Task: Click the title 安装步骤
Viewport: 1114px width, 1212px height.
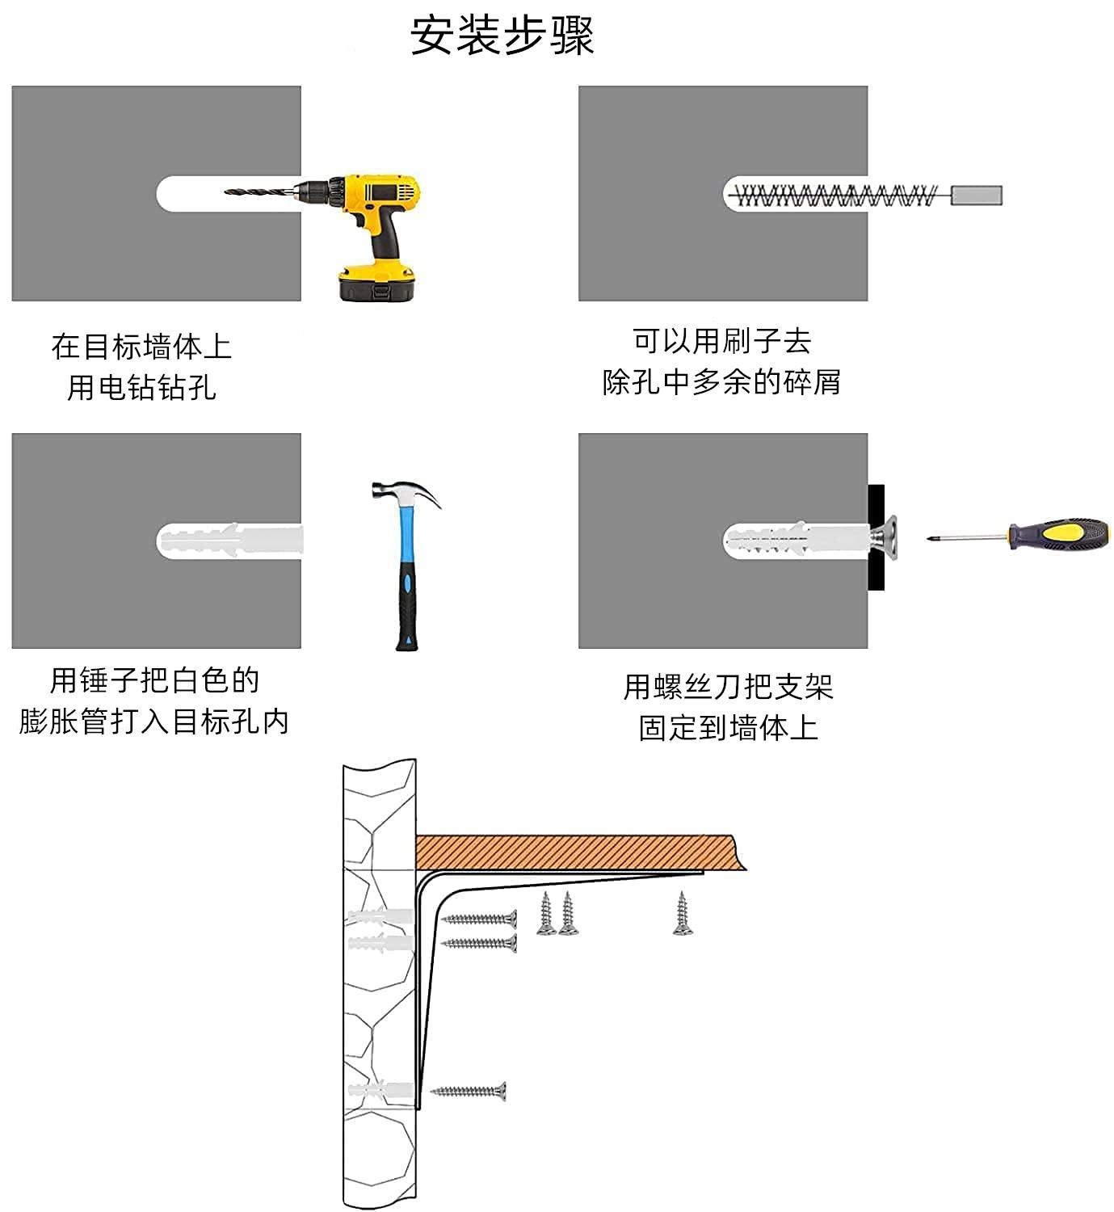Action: pyautogui.click(x=502, y=36)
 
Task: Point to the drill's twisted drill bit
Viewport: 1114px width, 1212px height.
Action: pyautogui.click(x=261, y=191)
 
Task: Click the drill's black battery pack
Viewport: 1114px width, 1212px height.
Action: pyautogui.click(x=377, y=284)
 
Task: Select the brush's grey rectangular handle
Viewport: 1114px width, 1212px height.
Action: pyautogui.click(x=976, y=196)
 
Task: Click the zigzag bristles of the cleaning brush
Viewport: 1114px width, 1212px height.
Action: pyautogui.click(x=836, y=196)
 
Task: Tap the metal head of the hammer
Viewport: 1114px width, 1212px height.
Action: pyautogui.click(x=406, y=492)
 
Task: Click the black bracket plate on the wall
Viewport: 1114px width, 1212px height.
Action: pyautogui.click(x=876, y=537)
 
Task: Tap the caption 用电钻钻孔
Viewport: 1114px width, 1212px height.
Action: pyautogui.click(x=141, y=387)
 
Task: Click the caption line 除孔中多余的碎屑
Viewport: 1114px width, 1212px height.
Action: pyautogui.click(x=721, y=382)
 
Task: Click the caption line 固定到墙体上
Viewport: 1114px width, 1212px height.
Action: pyautogui.click(x=729, y=727)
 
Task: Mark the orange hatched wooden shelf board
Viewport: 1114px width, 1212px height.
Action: pyautogui.click(x=580, y=852)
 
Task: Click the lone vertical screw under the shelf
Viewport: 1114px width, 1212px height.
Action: pyautogui.click(x=683, y=913)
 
